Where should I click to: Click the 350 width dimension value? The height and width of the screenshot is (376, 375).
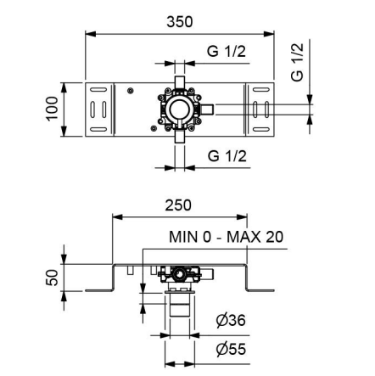tap(180, 22)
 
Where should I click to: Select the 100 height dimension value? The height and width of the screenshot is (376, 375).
tap(53, 109)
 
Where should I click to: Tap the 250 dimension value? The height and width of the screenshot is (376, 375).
tap(178, 205)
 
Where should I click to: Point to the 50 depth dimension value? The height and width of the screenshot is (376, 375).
tap(52, 278)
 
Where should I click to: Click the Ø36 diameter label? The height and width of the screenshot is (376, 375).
tap(231, 320)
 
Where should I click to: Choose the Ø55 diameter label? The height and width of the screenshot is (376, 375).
tap(231, 349)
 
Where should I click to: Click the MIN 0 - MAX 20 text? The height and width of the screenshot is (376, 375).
tap(226, 237)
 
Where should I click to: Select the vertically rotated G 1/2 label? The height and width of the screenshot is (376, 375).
tap(297, 63)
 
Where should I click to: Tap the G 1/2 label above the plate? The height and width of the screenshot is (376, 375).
tap(227, 52)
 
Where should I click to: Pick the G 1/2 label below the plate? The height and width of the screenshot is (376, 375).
tap(227, 156)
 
